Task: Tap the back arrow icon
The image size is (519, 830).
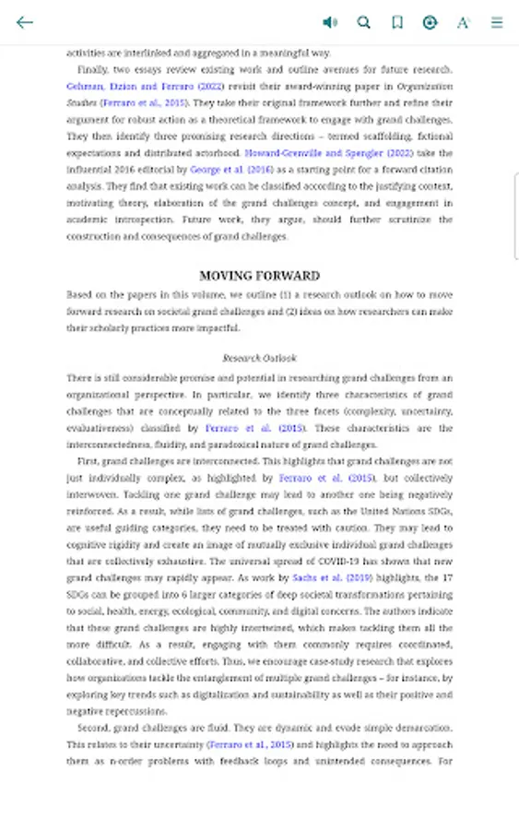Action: pyautogui.click(x=25, y=22)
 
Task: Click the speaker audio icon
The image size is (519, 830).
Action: pyautogui.click(x=330, y=22)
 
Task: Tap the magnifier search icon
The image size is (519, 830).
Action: pyautogui.click(x=364, y=22)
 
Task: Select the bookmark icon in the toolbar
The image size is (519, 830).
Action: pyautogui.click(x=397, y=22)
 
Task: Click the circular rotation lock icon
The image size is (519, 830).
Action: pyautogui.click(x=430, y=22)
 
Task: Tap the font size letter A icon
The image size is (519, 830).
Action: pyautogui.click(x=463, y=22)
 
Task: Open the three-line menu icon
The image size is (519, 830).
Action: pyautogui.click(x=497, y=22)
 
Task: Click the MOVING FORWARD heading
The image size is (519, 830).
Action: pyautogui.click(x=260, y=276)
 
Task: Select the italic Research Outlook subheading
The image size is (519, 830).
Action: pyautogui.click(x=260, y=358)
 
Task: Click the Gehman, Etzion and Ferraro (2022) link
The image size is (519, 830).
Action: pyautogui.click(x=145, y=86)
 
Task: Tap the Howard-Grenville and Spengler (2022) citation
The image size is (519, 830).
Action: pyautogui.click(x=328, y=153)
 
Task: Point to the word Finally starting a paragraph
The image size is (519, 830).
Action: pyautogui.click(x=92, y=69)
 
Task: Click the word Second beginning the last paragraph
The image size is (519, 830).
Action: pyautogui.click(x=94, y=729)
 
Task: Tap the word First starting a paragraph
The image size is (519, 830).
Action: pyautogui.click(x=88, y=461)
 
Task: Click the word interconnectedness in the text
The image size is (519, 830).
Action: pyautogui.click(x=108, y=445)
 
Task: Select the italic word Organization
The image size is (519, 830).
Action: pyautogui.click(x=425, y=86)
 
